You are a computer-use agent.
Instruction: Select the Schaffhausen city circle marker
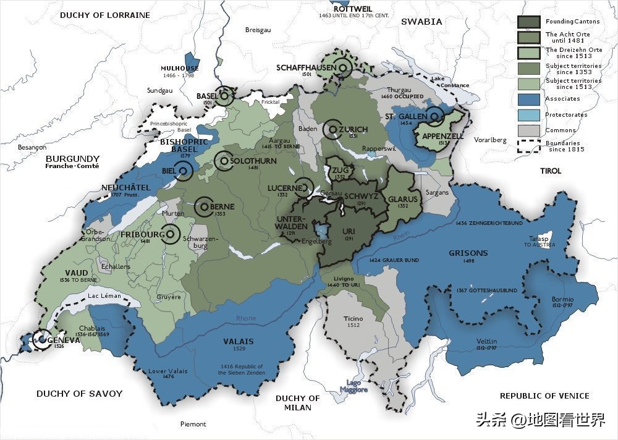click(343, 67)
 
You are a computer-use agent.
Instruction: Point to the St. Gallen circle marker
click(436, 116)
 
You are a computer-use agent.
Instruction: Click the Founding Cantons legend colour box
click(530, 21)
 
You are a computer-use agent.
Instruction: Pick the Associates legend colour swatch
click(530, 99)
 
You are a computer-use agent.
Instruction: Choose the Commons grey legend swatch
click(530, 130)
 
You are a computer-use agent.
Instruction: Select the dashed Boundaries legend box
click(530, 146)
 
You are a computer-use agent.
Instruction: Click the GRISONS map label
click(468, 253)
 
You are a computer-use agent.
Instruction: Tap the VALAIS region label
click(239, 341)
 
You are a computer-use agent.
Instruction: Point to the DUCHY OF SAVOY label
click(79, 394)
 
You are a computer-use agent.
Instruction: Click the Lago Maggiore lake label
click(353, 386)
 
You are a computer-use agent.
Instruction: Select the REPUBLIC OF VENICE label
click(544, 396)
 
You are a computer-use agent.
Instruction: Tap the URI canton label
click(349, 231)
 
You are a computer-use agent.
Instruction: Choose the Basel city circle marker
click(226, 96)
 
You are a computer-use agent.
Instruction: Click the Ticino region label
click(353, 318)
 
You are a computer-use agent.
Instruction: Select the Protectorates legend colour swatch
click(530, 115)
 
